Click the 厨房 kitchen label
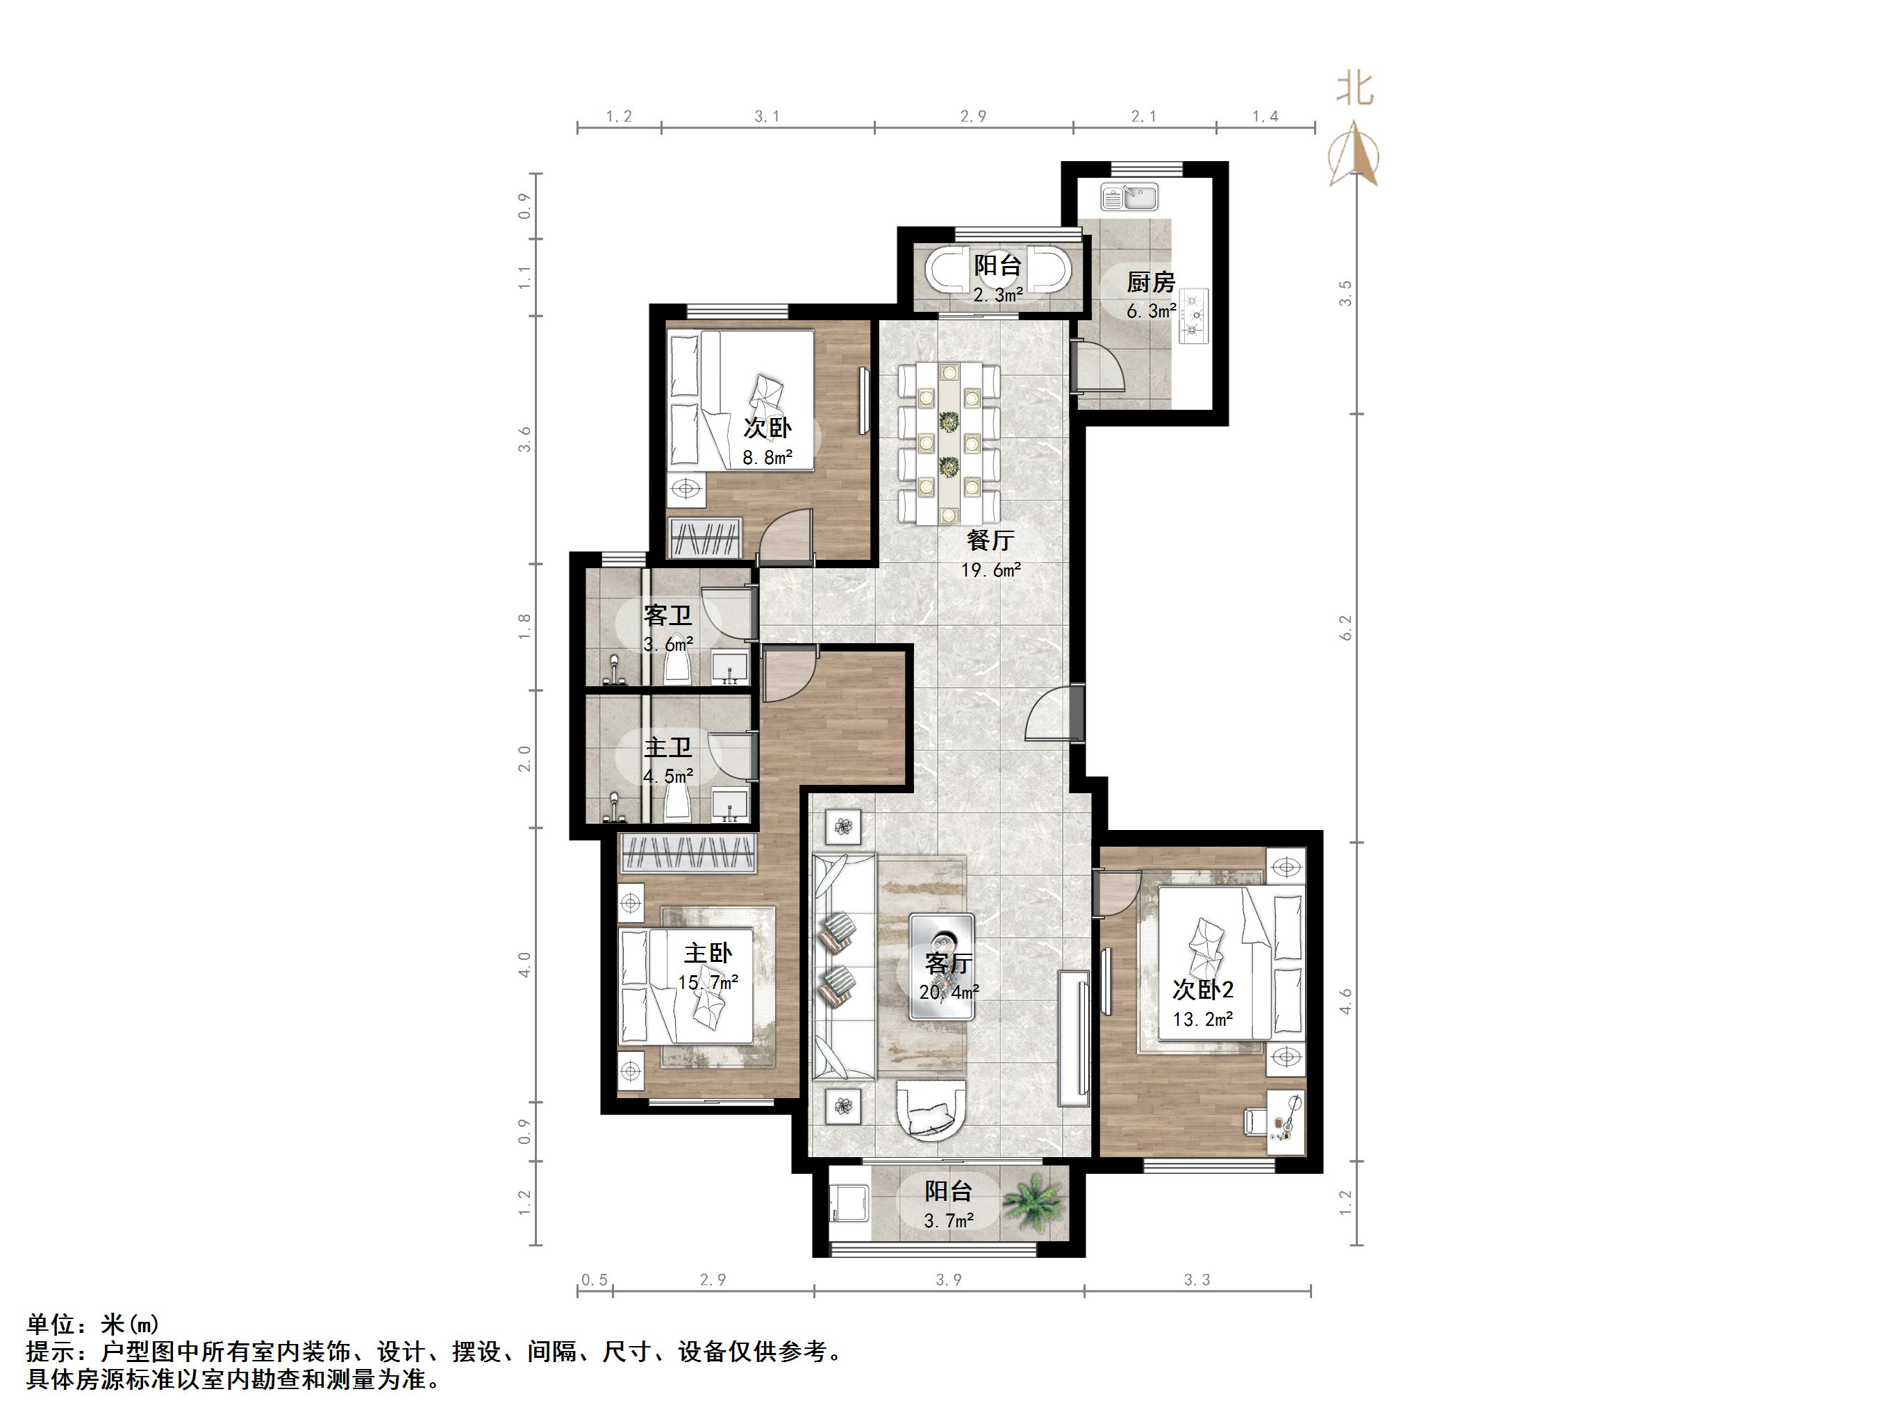1150,281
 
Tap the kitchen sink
1129,197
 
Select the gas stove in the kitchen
1193,315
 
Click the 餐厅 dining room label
990,540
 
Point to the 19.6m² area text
990,570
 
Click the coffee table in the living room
942,967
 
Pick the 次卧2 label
1202,990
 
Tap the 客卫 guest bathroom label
668,615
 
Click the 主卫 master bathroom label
668,747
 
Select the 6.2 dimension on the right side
1346,629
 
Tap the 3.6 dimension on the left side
524,440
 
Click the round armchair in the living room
931,1109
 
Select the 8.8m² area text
767,458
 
